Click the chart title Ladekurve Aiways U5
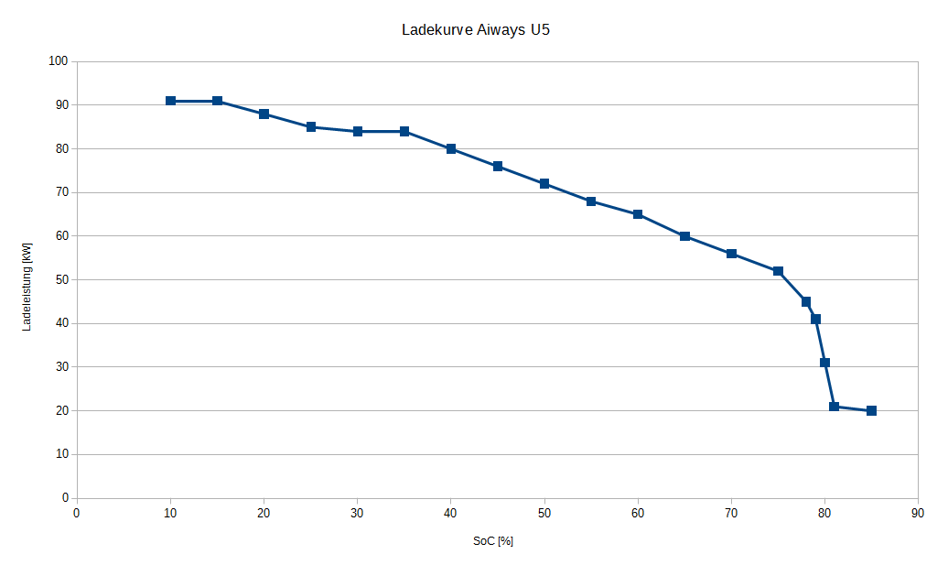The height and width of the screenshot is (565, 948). pos(476,29)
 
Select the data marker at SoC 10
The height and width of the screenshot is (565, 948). pos(170,101)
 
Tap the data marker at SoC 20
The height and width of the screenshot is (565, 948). pos(264,114)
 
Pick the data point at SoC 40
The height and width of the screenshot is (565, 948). pos(451,148)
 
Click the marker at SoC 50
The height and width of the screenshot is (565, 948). pos(544,184)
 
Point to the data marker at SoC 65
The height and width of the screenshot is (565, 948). pos(684,236)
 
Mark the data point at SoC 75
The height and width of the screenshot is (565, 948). pos(778,271)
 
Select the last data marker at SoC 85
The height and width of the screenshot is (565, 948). pos(871,410)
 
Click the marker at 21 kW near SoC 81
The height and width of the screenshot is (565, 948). pos(834,407)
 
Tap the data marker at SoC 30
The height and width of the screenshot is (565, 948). pos(358,131)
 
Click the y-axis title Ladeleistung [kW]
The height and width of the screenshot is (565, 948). pos(27,287)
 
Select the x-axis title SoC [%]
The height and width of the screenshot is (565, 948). pos(493,541)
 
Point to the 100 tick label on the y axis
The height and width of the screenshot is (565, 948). pos(59,61)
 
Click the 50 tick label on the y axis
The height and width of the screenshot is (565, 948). pos(61,279)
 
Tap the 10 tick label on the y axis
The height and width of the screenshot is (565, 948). pos(61,454)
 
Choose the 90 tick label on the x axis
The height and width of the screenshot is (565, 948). pos(918,514)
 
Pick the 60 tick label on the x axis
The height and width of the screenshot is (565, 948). pos(638,514)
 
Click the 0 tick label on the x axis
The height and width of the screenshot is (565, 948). pos(77,514)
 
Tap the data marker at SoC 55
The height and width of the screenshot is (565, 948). pos(591,201)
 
